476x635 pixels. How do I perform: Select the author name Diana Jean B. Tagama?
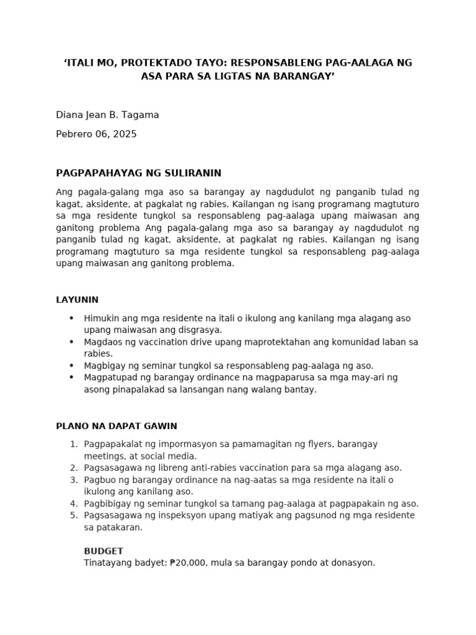[x=107, y=115]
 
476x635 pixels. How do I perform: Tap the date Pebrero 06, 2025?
[x=96, y=134]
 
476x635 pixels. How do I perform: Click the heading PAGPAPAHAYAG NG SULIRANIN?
[x=138, y=172]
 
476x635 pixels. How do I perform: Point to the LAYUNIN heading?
[x=77, y=300]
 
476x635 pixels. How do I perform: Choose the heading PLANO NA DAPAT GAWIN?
[x=117, y=426]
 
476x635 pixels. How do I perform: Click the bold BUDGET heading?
[x=104, y=551]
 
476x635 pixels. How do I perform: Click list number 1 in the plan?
[x=73, y=444]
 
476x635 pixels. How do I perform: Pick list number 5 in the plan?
[x=73, y=515]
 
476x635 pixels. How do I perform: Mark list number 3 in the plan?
[x=73, y=480]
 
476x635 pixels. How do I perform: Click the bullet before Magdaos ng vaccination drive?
[x=72, y=342]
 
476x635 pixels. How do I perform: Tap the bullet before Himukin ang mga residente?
[x=72, y=318]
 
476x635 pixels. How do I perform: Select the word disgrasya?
[x=198, y=330]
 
